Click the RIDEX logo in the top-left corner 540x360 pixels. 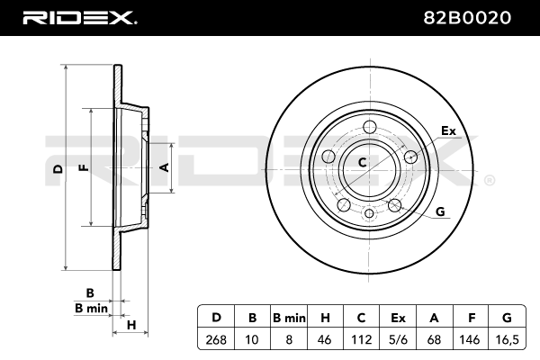78,17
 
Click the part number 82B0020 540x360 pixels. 471,17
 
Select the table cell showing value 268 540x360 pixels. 216,340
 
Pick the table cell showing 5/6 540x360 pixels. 398,340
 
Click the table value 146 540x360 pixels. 470,340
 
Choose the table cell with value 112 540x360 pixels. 361,340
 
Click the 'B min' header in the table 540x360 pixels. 289,318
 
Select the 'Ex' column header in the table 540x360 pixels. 398,318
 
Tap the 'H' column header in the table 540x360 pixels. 325,318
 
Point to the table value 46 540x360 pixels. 325,340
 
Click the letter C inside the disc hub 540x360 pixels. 363,163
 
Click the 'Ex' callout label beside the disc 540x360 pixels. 447,132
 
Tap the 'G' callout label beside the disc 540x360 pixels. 440,211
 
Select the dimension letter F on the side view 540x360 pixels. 84,167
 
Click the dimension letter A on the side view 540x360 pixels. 164,167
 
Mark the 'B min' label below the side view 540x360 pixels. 91,309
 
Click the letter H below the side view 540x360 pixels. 130,325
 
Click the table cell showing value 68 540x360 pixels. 434,340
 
